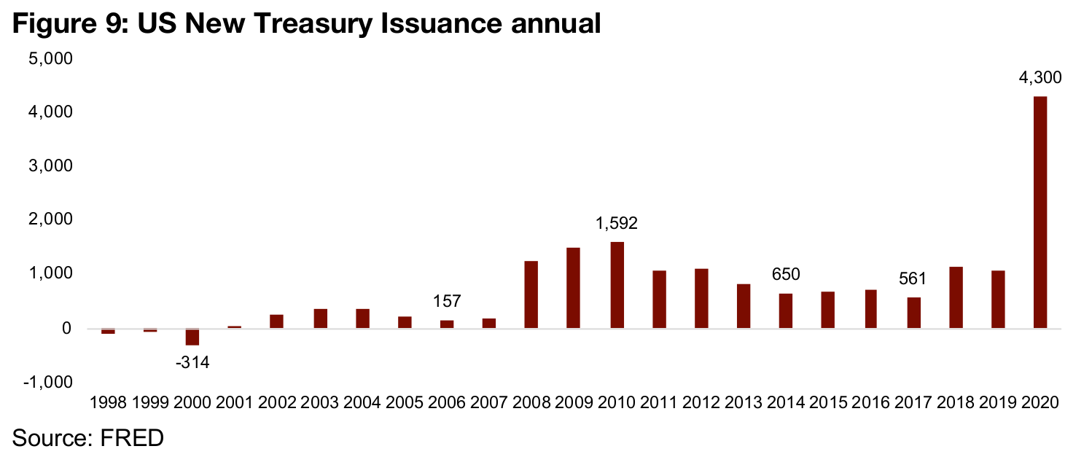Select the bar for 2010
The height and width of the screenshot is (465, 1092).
pos(617,285)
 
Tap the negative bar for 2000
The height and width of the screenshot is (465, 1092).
pos(192,337)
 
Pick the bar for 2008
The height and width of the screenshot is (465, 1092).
pos(531,294)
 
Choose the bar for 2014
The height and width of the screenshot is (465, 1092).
pos(786,310)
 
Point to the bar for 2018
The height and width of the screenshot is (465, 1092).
pos(956,297)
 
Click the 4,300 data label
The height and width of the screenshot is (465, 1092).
pos(1040,77)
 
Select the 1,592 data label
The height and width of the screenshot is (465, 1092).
pos(617,223)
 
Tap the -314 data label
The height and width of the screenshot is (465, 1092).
pos(192,362)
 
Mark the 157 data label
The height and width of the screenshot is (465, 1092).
pos(447,302)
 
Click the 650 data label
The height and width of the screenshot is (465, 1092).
pos(786,275)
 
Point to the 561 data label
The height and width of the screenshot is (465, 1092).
pos(913,278)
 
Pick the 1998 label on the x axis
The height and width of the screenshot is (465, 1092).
pos(108,402)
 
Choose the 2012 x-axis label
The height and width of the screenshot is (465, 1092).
pos(701,402)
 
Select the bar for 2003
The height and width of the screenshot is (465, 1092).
pos(320,319)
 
